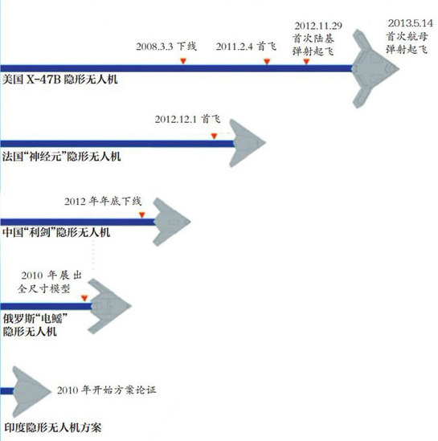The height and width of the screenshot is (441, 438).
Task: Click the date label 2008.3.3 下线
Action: click(x=166, y=46)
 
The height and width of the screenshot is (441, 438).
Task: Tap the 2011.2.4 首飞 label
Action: click(x=246, y=47)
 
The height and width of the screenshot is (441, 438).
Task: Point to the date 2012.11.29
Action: click(x=318, y=26)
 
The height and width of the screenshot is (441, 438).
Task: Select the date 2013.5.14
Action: click(x=410, y=23)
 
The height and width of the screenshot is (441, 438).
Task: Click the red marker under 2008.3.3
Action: click(x=183, y=61)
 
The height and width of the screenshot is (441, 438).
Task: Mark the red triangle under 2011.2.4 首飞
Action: click(x=267, y=61)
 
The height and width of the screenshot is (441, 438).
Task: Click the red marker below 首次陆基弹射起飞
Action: click(x=306, y=61)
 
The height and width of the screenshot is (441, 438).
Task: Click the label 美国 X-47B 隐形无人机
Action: click(x=59, y=80)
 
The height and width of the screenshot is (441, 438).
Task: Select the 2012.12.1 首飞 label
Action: click(x=187, y=119)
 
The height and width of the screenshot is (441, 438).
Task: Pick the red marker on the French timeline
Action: click(x=214, y=136)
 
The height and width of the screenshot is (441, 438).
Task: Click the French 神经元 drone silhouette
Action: click(x=248, y=143)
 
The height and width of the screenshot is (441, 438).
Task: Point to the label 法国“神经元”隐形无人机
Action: click(x=61, y=157)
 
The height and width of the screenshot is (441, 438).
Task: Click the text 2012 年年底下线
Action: click(x=103, y=201)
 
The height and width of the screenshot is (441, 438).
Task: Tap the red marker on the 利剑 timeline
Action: click(x=142, y=214)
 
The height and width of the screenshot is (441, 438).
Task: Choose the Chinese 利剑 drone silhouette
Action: click(x=170, y=222)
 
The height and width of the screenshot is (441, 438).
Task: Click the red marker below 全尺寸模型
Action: click(x=84, y=298)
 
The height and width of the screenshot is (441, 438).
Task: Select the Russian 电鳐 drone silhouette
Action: click(x=108, y=306)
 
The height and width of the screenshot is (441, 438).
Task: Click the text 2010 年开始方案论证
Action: click(x=106, y=390)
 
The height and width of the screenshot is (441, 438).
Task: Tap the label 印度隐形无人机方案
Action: click(x=52, y=428)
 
